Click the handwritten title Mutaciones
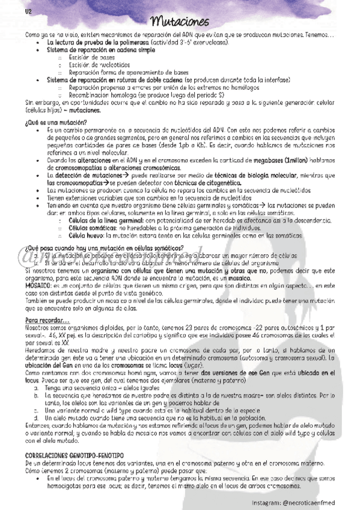[x=180, y=23]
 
